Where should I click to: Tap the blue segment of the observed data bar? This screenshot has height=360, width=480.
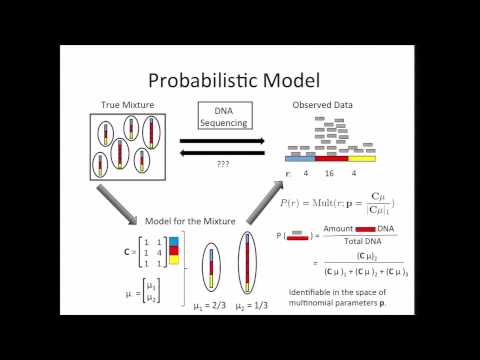pos(300,158)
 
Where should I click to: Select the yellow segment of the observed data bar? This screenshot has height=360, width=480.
pos(363,158)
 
